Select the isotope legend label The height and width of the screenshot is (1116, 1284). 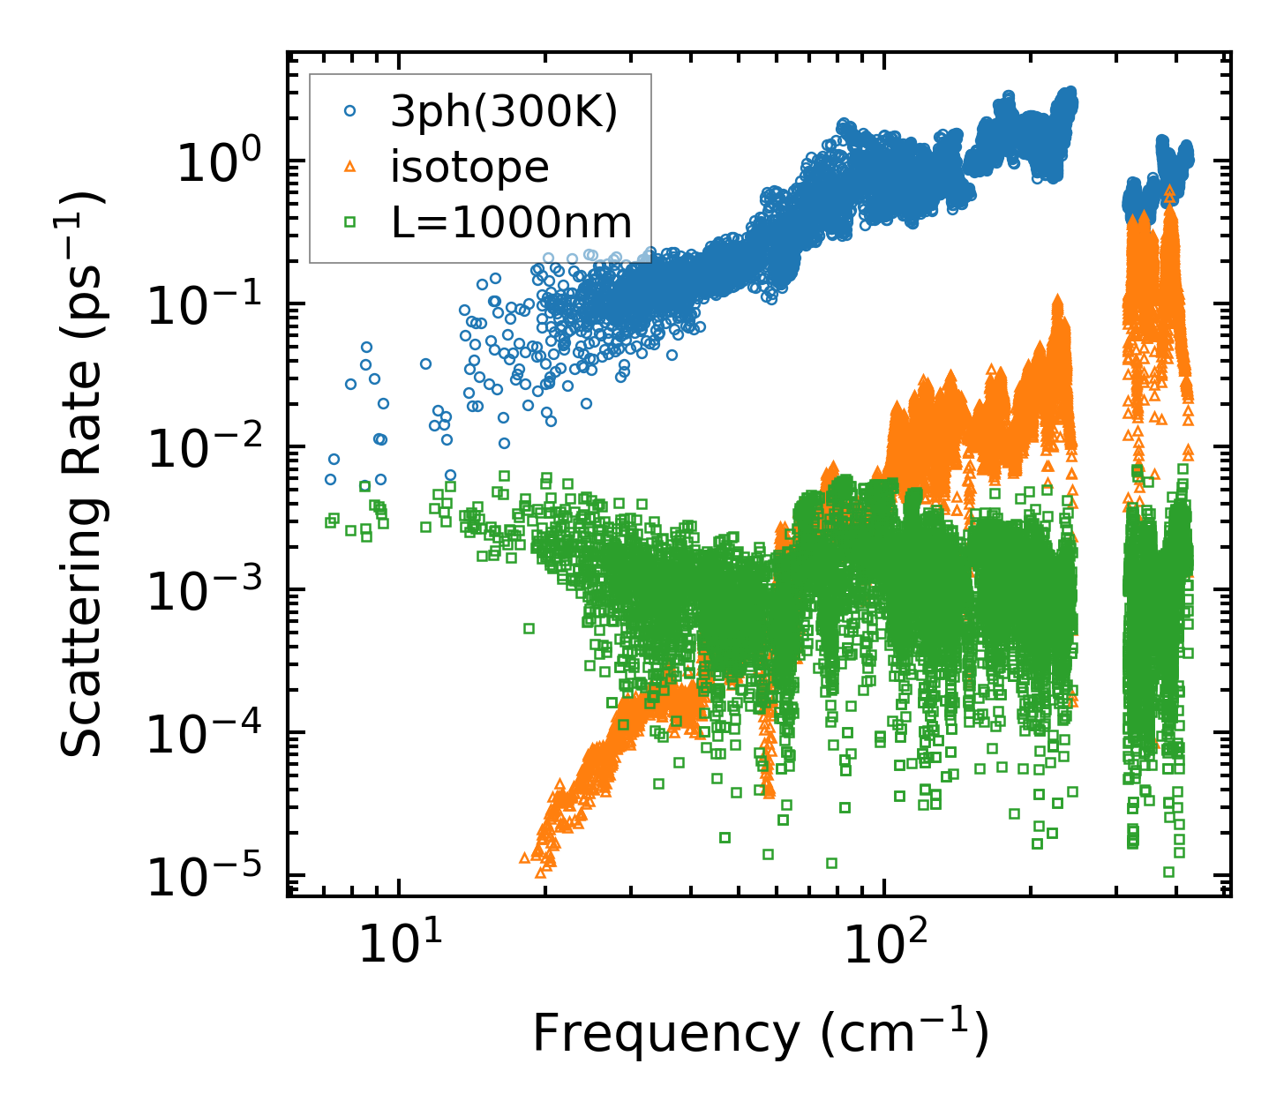point(469,167)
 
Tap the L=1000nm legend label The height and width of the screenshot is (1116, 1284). point(512,222)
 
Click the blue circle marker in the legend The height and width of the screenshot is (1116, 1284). point(350,111)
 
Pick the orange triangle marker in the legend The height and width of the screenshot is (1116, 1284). point(350,167)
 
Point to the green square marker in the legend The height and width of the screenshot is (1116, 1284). point(350,222)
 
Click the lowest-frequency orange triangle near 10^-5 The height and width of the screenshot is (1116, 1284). point(524,857)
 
